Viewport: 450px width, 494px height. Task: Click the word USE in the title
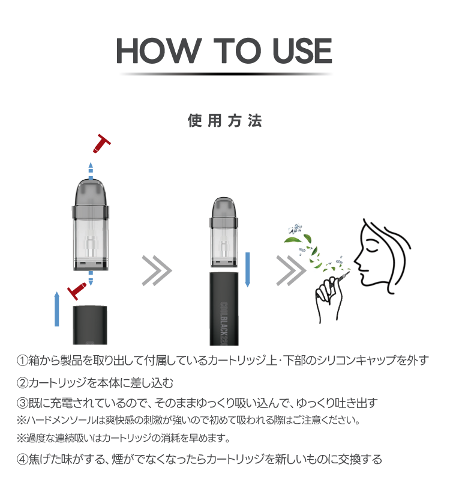tap(302, 50)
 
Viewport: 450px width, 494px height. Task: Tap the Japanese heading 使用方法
tap(224, 121)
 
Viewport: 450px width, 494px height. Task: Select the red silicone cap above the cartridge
tap(101, 144)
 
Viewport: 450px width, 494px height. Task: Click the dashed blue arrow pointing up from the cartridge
tap(91, 171)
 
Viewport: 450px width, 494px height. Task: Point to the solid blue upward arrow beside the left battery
tap(56, 309)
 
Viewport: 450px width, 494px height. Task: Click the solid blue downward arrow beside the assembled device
tap(247, 270)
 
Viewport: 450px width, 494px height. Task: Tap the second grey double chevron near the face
tap(291, 270)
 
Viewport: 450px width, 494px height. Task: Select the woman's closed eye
tap(373, 245)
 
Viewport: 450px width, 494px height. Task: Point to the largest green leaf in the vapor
tap(293, 239)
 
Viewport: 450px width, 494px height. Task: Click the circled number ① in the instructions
tap(22, 360)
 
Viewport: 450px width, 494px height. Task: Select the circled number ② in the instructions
tap(22, 383)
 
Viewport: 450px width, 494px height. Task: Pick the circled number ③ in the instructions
tap(22, 403)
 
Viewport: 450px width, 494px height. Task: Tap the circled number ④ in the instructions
tap(22, 459)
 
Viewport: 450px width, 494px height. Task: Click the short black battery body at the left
tap(90, 325)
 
